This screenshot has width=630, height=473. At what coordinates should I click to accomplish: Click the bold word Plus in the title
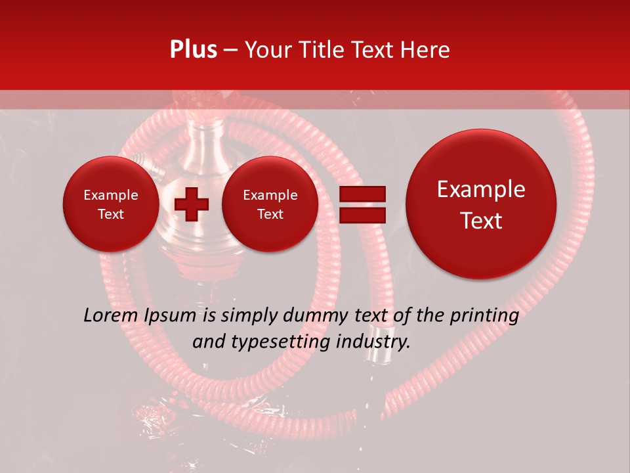[x=193, y=50]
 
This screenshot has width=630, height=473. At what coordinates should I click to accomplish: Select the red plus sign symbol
[x=192, y=204]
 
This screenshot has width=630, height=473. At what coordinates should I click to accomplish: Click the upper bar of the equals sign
[x=362, y=194]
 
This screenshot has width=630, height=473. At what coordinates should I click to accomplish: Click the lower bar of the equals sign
[x=362, y=215]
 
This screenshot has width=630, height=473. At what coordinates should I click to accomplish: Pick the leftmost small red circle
[x=110, y=204]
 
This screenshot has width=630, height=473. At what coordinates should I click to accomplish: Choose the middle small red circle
[x=270, y=204]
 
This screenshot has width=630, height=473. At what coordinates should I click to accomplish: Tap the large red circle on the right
[x=481, y=204]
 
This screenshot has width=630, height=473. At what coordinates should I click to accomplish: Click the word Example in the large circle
[x=481, y=189]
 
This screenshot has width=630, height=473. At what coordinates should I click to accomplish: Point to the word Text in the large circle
[x=481, y=221]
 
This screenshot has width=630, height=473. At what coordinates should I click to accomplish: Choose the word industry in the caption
[x=371, y=342]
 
